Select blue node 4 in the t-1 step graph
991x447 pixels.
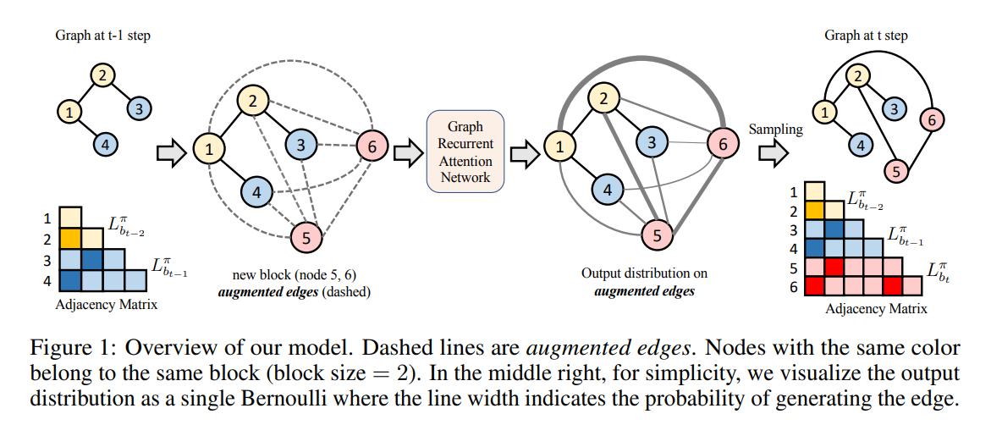click(x=106, y=145)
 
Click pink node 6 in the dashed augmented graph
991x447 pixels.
click(x=372, y=146)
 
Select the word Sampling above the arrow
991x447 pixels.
click(x=776, y=130)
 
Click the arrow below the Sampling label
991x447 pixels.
click(x=774, y=153)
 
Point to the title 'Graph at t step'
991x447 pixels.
click(x=866, y=36)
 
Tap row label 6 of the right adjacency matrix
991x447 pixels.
click(x=795, y=288)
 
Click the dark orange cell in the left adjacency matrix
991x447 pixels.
click(x=70, y=238)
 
